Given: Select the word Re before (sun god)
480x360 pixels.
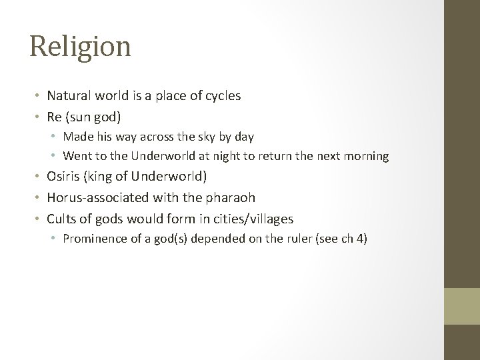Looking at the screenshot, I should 53,117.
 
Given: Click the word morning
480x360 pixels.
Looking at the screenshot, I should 370,157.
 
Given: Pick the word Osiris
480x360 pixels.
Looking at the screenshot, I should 61,177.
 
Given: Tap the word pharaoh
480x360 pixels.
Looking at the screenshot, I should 232,198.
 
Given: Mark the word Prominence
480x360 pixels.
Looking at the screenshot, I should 93,239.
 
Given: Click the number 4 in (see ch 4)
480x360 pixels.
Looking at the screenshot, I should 361,239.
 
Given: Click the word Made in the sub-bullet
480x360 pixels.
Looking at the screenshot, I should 77,137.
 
